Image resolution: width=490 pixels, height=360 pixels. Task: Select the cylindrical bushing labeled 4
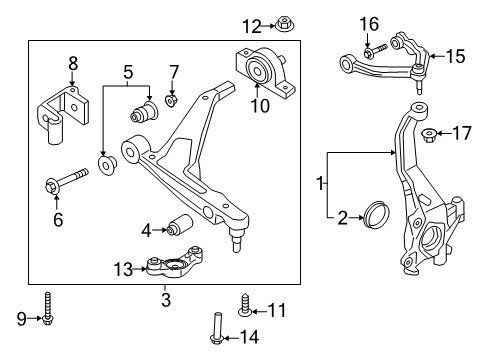(x=182, y=227)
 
